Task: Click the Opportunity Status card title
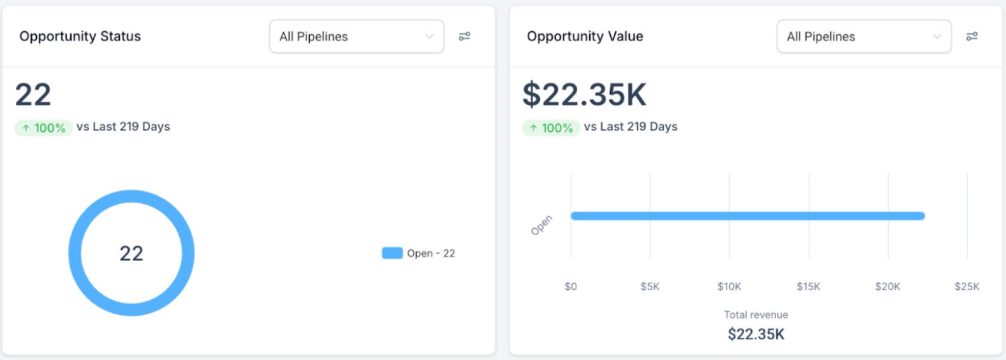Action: pos(80,36)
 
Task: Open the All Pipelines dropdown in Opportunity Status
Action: pos(356,37)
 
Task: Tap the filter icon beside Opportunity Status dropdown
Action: pos(464,37)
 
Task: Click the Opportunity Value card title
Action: pos(585,36)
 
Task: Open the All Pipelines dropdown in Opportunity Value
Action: pos(863,37)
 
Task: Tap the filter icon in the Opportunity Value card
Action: pos(972,37)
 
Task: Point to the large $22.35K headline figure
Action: pos(584,94)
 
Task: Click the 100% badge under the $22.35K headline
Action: pos(551,127)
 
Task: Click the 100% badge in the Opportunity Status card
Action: pos(43,127)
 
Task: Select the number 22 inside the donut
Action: pos(131,254)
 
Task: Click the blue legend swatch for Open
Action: pos(392,253)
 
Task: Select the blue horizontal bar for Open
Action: pos(748,216)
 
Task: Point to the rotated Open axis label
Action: pos(541,225)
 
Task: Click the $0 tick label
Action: pos(571,286)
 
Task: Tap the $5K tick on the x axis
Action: pos(650,286)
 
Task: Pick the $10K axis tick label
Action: pos(729,286)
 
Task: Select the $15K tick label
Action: pos(808,286)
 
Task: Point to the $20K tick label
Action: pos(888,286)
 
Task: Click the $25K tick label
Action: pos(967,286)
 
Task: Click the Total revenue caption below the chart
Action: pos(756,314)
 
